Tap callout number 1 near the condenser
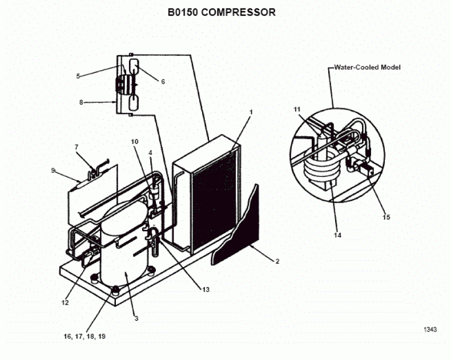point(250,112)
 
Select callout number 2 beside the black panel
point(277,261)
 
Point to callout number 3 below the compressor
point(136,318)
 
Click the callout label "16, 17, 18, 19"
point(84,337)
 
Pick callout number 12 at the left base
point(65,302)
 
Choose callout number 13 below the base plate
point(206,289)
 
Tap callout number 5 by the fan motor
point(79,75)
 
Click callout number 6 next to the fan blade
point(163,82)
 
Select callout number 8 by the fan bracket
point(81,103)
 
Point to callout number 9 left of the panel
point(53,170)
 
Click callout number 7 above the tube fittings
point(76,147)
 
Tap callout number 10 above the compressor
point(134,141)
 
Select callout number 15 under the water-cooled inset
point(386,217)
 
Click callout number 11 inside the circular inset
point(297,108)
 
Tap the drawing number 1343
point(430,330)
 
